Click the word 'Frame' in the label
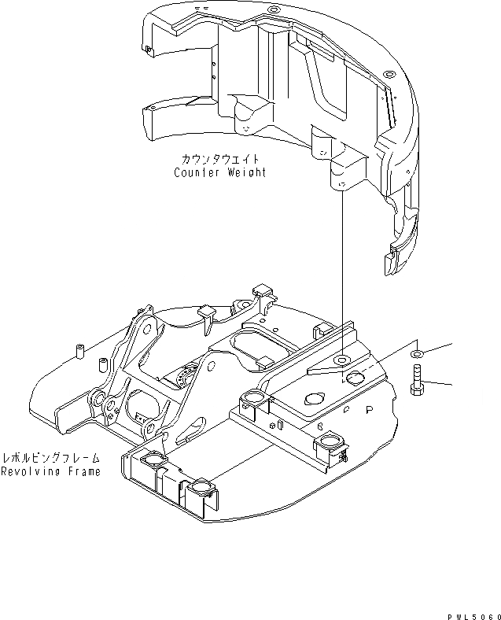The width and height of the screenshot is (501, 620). click(83, 472)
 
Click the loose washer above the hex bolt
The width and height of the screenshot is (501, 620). click(416, 349)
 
